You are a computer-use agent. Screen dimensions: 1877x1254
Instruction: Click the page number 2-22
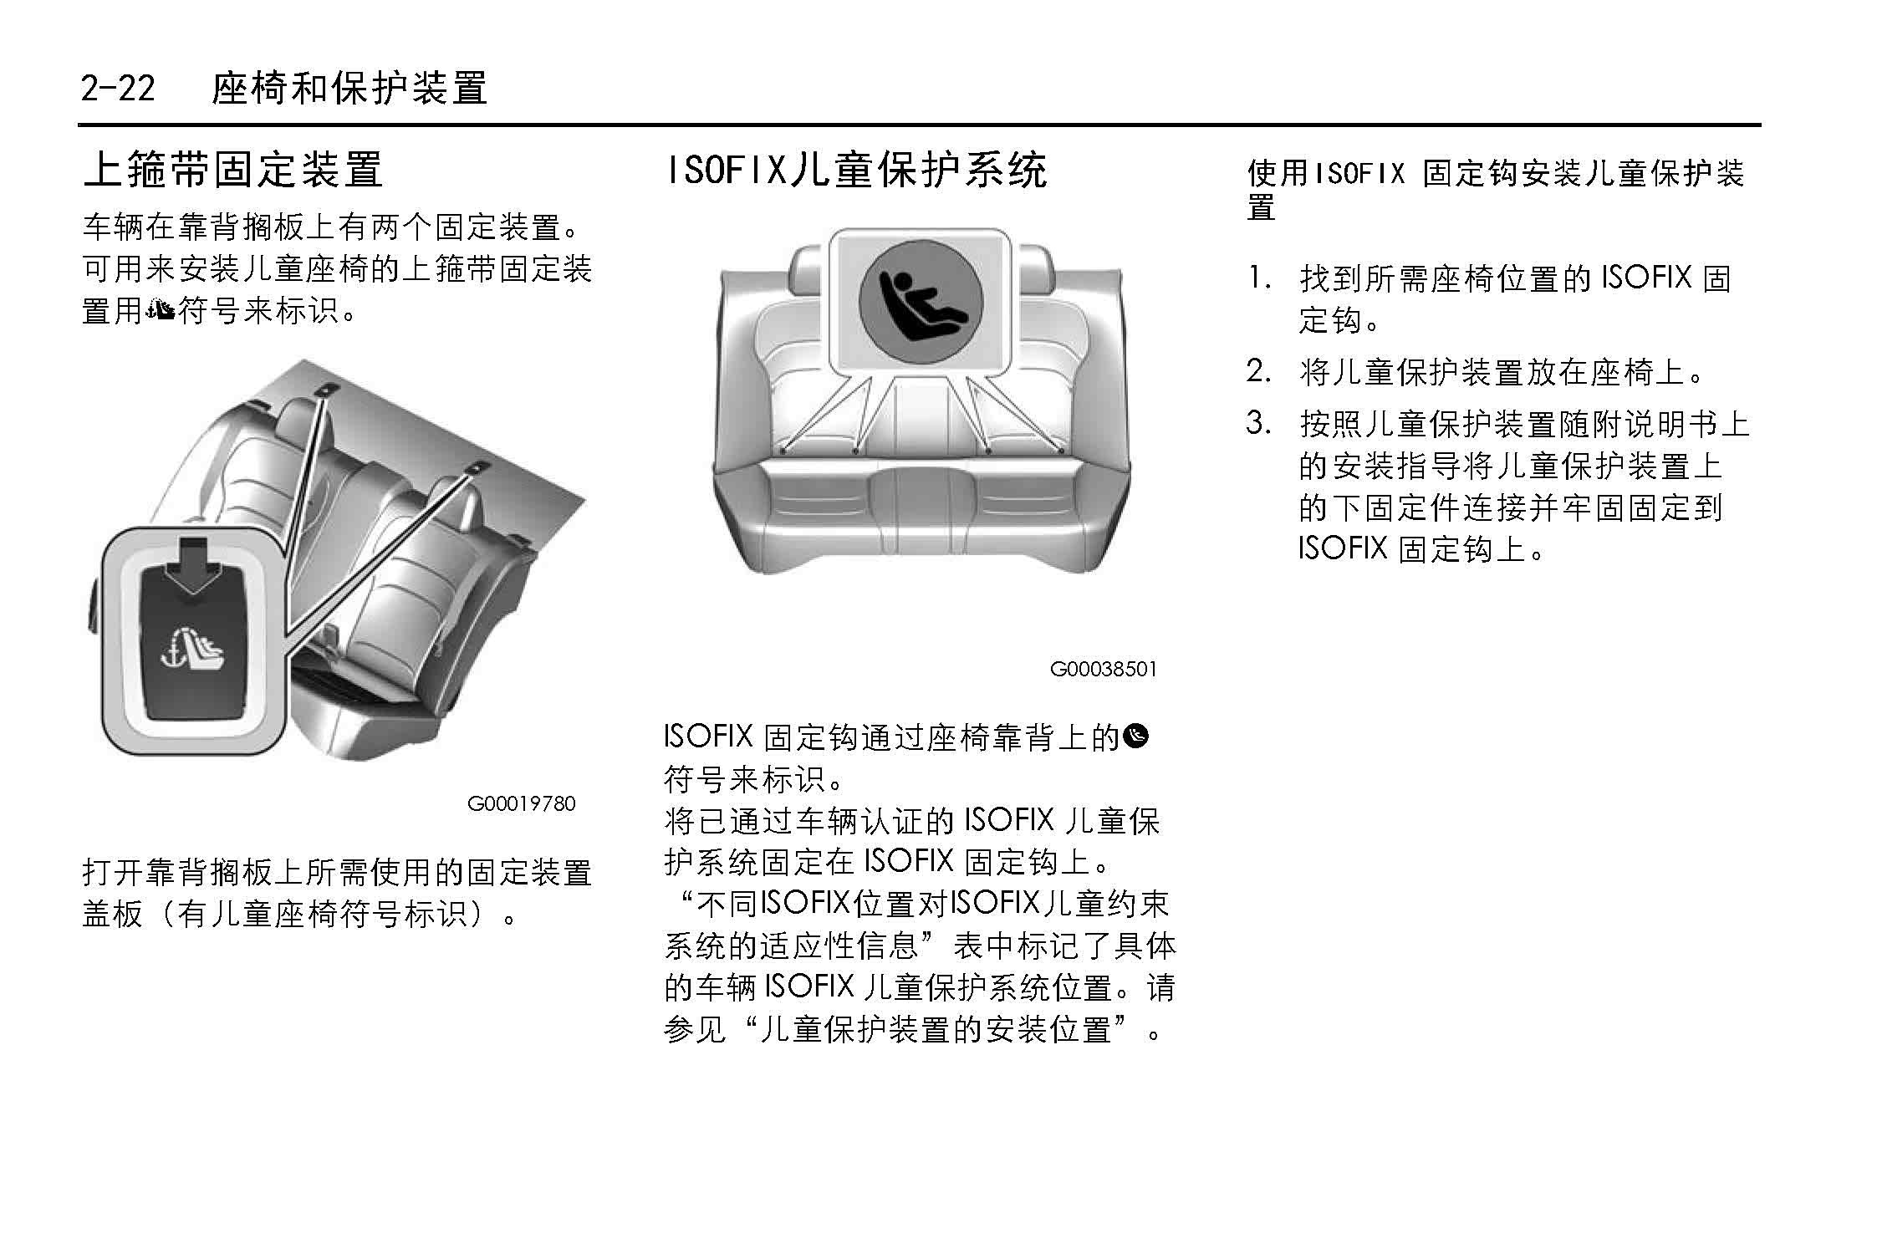pos(118,87)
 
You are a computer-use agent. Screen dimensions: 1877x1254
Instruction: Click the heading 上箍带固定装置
pos(233,170)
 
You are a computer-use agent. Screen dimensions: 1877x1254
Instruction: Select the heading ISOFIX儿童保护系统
pos(855,170)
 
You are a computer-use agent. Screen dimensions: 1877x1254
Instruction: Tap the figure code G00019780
pos(521,804)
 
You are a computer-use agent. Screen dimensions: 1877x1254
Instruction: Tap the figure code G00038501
pos(1104,669)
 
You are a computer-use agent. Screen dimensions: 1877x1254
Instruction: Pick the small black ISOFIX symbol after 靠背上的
pos(1137,736)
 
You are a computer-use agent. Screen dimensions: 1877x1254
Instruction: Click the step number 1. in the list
pos(1260,278)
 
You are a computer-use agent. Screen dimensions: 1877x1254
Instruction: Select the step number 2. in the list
pos(1260,370)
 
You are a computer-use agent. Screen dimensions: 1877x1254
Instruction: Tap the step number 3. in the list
pos(1260,423)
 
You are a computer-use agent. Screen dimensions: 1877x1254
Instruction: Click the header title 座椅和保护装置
pos(349,88)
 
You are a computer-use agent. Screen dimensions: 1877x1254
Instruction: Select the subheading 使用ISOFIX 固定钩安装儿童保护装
pos(1497,174)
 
